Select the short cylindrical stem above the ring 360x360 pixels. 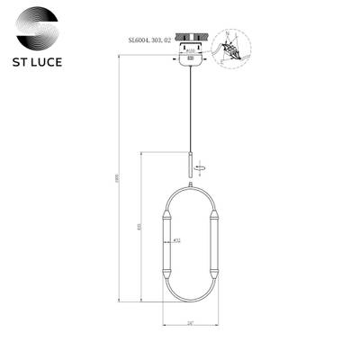(189, 165)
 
